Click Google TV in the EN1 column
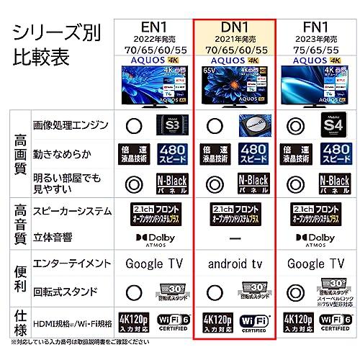(x=152, y=264)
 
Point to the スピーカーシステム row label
(x=72, y=211)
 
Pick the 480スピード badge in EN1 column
(x=171, y=150)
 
